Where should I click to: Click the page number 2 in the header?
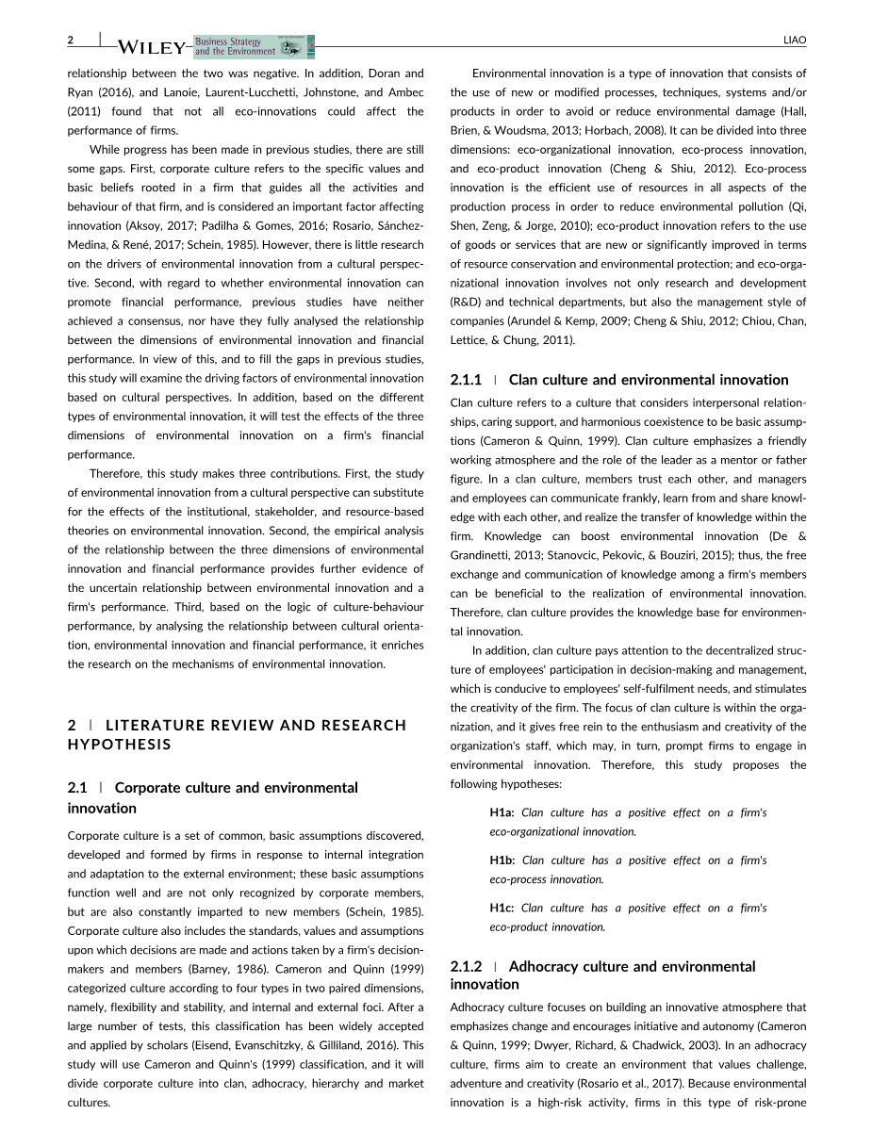click(x=71, y=41)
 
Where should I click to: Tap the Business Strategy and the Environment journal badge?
click(x=254, y=46)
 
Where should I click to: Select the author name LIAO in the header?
click(x=795, y=41)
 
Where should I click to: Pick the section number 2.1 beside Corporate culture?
click(x=77, y=787)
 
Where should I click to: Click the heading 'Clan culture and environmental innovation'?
click(x=648, y=380)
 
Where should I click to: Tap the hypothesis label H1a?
click(x=502, y=812)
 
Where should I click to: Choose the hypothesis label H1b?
click(x=502, y=860)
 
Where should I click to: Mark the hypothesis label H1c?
click(x=502, y=908)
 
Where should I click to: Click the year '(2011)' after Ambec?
click(x=82, y=111)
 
